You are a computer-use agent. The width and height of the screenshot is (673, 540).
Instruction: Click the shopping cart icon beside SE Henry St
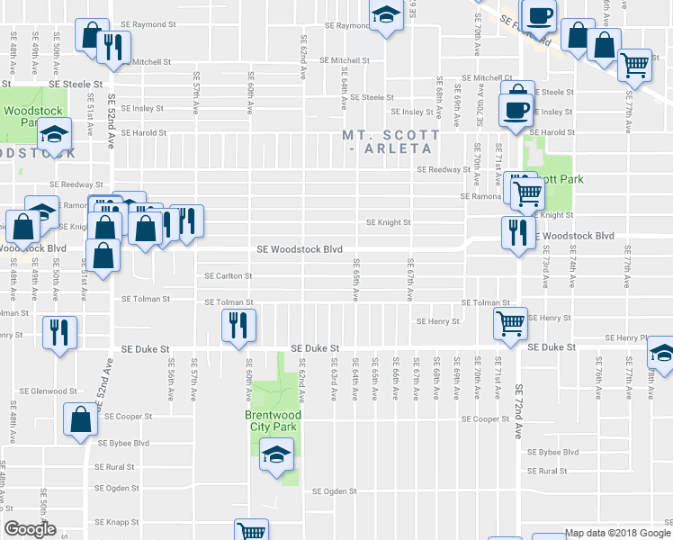tap(511, 322)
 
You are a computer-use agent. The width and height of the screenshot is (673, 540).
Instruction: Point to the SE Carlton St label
tap(229, 276)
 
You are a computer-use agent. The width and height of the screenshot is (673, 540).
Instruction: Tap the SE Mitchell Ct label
tap(487, 78)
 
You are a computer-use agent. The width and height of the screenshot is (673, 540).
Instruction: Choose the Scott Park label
tap(563, 179)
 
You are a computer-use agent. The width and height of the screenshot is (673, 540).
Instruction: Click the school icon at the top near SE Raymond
tap(386, 15)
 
